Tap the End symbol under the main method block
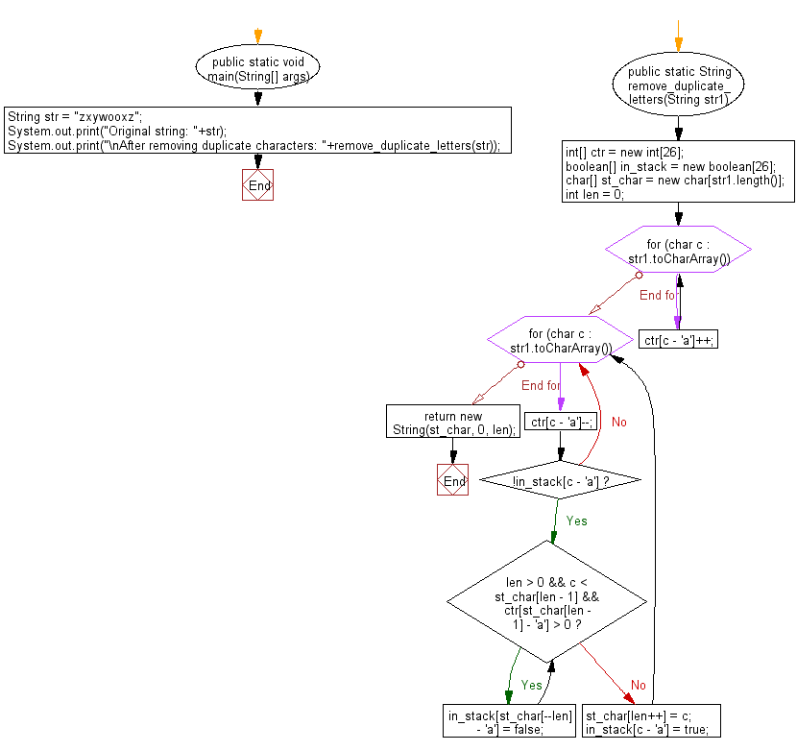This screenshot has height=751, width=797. point(257,184)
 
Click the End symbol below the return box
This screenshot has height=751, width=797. point(452,479)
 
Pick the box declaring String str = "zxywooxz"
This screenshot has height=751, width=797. point(257,131)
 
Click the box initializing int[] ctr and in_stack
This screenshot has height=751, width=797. point(678,171)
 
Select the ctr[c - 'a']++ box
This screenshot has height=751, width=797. point(678,340)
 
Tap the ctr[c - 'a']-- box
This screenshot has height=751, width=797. point(561,421)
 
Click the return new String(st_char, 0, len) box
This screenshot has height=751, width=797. point(453,421)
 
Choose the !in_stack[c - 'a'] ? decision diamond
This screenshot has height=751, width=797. point(560,480)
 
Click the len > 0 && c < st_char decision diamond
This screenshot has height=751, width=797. point(547,602)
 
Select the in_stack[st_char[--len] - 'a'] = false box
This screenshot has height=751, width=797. point(509,721)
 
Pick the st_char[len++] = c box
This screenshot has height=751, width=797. point(651,721)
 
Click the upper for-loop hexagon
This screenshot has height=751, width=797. point(678,250)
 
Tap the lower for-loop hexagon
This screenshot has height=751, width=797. point(560,340)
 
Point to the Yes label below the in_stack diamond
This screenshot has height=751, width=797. point(577,521)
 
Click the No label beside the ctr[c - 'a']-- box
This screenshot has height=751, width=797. point(619,422)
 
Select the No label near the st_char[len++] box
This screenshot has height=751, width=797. point(639,686)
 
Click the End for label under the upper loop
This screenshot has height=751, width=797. point(658,296)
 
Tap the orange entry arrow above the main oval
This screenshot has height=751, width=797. point(257,36)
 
